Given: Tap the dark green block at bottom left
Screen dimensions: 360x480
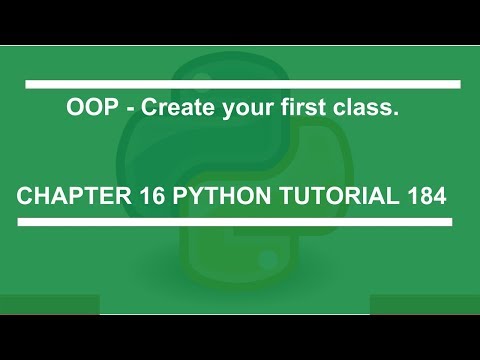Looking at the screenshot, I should pyautogui.click(x=50, y=304).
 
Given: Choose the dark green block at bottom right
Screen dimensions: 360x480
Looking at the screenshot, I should pyautogui.click(x=425, y=304).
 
